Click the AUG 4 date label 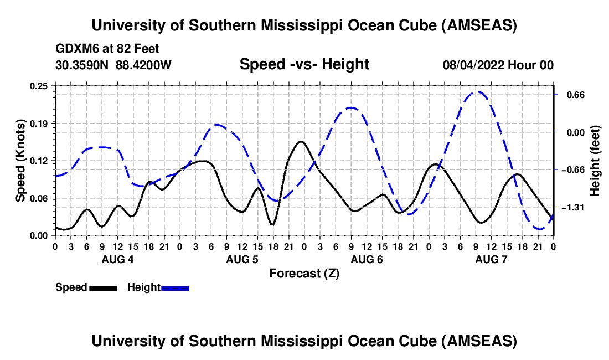pos(117,259)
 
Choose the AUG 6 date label pos(367,259)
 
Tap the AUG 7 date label pos(491,259)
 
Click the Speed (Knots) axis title pos(20,161)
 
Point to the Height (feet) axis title pos(596,161)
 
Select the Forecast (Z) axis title pos(304,273)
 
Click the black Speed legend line pos(103,287)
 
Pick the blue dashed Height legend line pos(175,287)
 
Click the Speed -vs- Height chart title pos(304,65)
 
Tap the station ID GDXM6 pos(75,49)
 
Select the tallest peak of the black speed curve pos(301,141)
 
